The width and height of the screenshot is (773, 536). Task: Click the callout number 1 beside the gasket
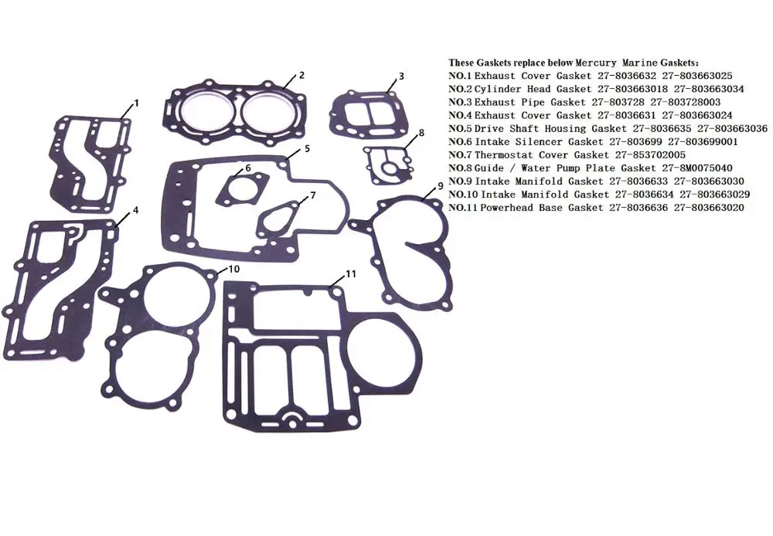coord(137,103)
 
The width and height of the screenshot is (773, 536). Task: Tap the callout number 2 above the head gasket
coord(301,75)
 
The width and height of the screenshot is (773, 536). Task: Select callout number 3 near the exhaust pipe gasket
coord(402,76)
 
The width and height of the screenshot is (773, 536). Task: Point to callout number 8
coord(421,133)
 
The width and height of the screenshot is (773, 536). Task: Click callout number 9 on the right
coord(440,185)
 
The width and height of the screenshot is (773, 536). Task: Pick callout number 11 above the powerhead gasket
coord(350,273)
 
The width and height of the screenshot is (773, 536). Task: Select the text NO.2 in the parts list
coord(460,89)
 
